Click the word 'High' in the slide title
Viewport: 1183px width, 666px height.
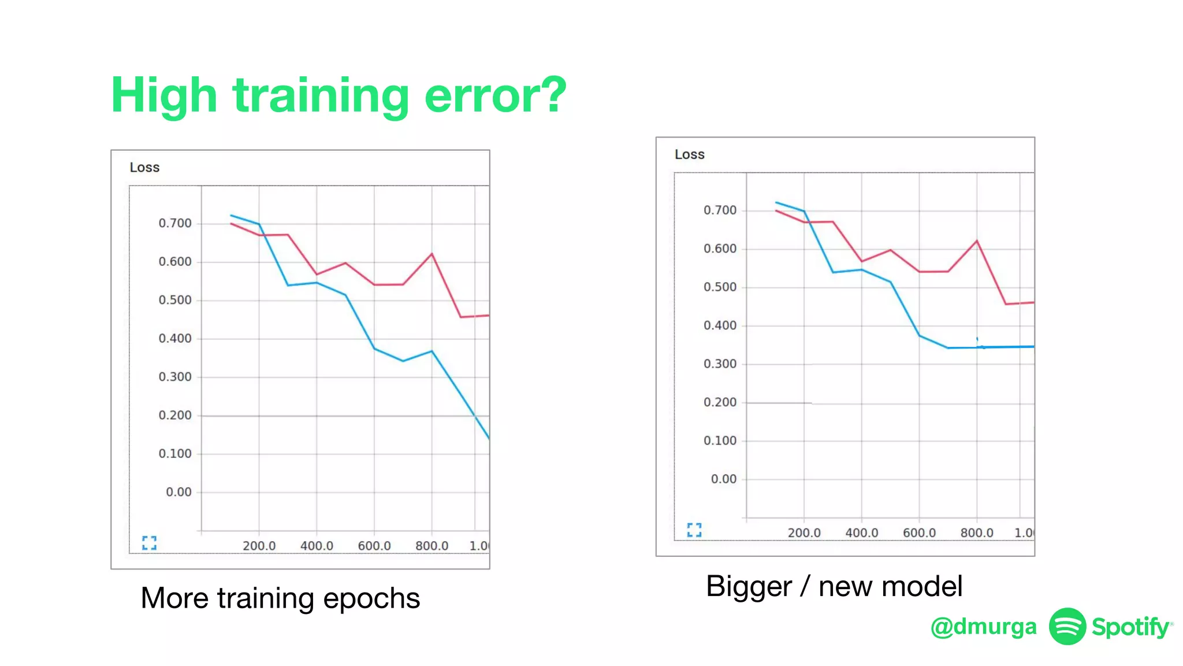coord(164,95)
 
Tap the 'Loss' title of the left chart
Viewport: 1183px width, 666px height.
coord(144,168)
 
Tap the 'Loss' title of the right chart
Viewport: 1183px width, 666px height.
coord(690,155)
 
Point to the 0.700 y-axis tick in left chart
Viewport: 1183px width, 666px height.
coord(175,224)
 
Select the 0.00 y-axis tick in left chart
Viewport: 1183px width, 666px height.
coord(178,493)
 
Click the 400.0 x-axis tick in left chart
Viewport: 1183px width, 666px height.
coord(317,546)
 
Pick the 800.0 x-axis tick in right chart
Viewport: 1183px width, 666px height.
coord(977,533)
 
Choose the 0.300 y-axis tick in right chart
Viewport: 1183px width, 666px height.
coord(720,364)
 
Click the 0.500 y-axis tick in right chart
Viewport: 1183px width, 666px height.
coord(720,287)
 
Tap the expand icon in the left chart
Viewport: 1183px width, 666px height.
coord(149,542)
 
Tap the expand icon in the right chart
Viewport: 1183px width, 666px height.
coord(694,530)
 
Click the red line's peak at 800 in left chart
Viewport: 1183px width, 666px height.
coord(431,254)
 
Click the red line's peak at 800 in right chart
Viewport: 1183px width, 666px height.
coord(977,241)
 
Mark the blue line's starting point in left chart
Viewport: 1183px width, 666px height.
coord(231,216)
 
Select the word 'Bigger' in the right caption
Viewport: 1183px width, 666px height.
coord(749,587)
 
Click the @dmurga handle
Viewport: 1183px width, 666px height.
coord(983,627)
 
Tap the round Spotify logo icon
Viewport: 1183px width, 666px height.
coord(1067,626)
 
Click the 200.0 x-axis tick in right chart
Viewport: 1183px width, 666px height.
coord(804,533)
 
